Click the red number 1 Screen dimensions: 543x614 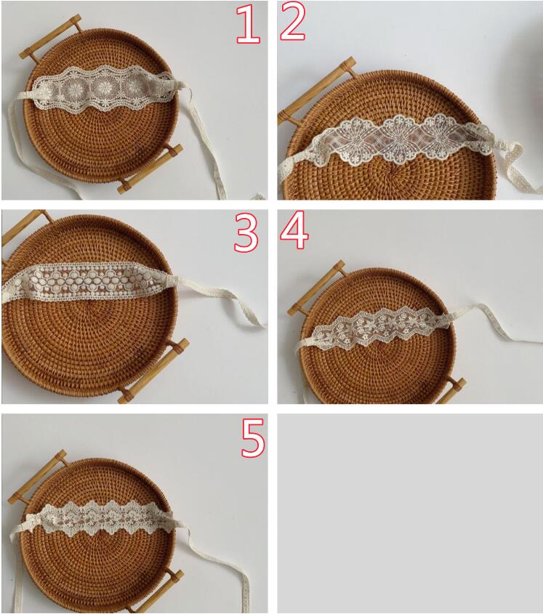(249, 23)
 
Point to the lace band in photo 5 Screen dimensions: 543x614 (101, 518)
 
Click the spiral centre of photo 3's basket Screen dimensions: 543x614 (91, 303)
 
